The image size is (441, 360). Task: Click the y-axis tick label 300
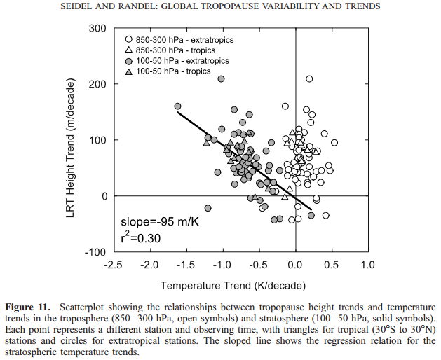point(95,28)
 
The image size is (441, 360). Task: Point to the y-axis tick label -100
point(93,252)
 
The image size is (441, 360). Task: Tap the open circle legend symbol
point(128,40)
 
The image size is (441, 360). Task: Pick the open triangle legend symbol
point(128,50)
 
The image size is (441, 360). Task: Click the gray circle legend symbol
point(128,61)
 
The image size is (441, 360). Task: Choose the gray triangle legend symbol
point(128,71)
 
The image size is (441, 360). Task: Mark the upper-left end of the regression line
point(178,112)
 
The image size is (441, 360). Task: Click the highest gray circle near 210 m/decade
point(222,78)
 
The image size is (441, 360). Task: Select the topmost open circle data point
point(309,78)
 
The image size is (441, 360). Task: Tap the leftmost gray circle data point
point(177,106)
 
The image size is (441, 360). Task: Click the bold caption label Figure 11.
point(28,307)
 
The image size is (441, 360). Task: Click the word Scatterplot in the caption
point(85,307)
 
